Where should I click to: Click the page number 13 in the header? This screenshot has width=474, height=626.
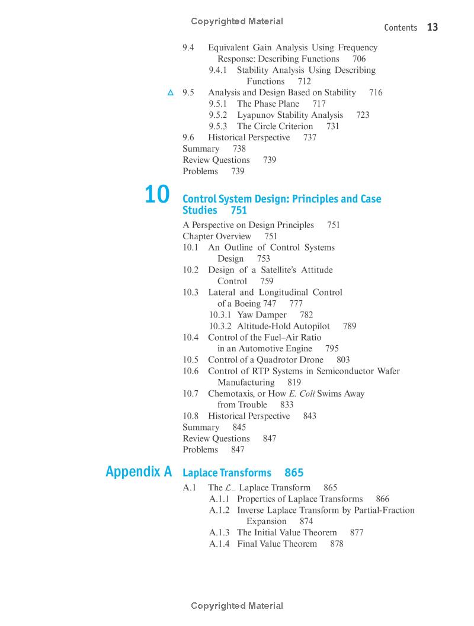[433, 27]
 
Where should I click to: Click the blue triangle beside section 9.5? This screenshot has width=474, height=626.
[171, 92]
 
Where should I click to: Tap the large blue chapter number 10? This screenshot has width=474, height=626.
[157, 195]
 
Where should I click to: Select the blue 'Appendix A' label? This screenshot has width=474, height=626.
[139, 471]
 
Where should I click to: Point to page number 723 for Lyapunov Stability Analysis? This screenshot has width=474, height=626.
[363, 115]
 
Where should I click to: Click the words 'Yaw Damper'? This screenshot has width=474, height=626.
[262, 315]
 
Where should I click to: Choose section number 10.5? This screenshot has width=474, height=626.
[190, 360]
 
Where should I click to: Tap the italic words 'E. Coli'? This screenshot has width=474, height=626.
[302, 394]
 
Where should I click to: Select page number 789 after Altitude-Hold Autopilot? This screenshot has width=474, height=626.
[350, 326]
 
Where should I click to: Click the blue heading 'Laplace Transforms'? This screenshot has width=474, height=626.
[227, 473]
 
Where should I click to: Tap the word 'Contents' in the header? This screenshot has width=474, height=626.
[401, 28]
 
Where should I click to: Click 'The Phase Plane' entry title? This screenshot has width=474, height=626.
[268, 104]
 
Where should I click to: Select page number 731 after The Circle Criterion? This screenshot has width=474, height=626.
[333, 126]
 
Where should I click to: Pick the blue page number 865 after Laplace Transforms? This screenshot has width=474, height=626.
[294, 473]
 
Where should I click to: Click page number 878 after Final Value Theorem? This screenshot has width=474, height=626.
[337, 544]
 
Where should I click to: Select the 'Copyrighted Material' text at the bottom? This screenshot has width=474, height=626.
[237, 606]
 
